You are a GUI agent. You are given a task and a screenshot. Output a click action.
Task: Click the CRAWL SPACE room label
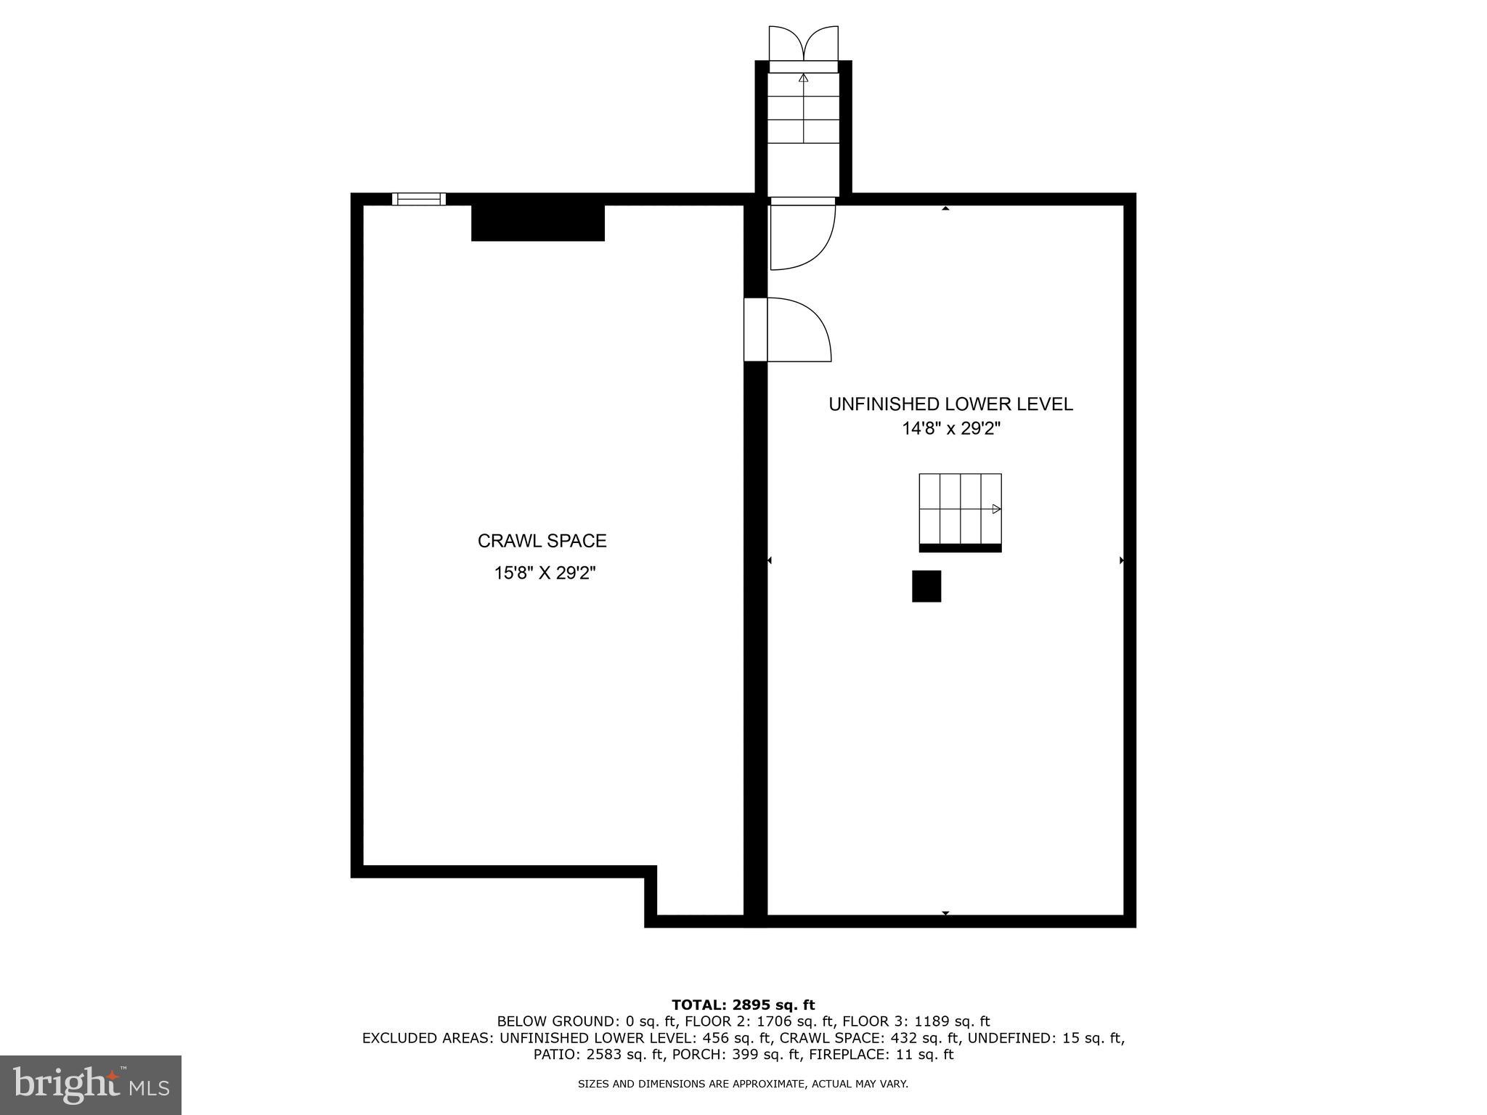(542, 541)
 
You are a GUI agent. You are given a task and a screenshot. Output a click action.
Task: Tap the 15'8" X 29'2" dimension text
(545, 573)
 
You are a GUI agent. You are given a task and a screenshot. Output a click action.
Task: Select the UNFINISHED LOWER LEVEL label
(950, 404)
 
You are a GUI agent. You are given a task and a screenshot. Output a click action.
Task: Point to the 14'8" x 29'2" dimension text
(950, 429)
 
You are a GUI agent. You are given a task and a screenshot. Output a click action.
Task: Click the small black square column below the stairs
(926, 586)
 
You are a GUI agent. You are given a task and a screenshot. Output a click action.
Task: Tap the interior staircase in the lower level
(960, 508)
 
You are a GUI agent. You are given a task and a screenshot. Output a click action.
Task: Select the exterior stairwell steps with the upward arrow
(803, 116)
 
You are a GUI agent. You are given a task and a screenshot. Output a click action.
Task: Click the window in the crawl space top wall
(419, 199)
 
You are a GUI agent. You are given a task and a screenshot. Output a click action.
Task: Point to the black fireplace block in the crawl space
(537, 222)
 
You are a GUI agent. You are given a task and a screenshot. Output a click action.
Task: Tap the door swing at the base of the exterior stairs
(800, 234)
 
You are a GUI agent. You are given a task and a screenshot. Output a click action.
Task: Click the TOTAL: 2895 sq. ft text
(743, 1005)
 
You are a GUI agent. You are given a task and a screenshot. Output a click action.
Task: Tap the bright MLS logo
(91, 1085)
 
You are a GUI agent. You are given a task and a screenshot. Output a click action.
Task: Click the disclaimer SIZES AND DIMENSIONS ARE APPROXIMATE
(743, 1085)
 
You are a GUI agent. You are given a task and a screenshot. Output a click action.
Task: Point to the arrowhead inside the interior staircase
(996, 509)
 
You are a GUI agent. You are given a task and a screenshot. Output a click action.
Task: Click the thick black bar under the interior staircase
(960, 548)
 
